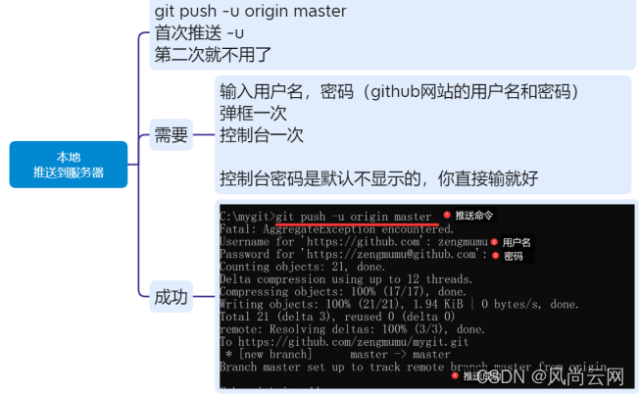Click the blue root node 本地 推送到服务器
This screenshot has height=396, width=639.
[68, 165]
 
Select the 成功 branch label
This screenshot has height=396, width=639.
[171, 298]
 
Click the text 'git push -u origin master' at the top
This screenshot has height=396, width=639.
[250, 11]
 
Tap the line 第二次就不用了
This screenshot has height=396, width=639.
[212, 55]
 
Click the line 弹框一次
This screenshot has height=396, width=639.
[253, 114]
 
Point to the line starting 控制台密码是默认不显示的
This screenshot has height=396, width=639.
[378, 178]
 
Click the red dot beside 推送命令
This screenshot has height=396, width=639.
[447, 215]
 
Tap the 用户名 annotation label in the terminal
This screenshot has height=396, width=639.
[516, 242]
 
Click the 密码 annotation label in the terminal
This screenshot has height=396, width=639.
[514, 256]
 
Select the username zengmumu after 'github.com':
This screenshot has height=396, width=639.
[456, 241]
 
